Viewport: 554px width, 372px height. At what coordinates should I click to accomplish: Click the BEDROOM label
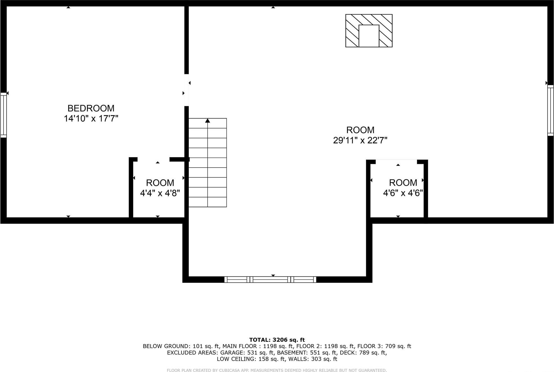pyautogui.click(x=91, y=108)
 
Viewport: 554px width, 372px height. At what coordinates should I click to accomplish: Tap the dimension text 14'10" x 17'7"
pyautogui.click(x=91, y=119)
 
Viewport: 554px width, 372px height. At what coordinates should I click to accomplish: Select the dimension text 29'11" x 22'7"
pyautogui.click(x=360, y=140)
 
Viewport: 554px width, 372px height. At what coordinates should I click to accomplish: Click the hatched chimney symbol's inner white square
pyautogui.click(x=369, y=36)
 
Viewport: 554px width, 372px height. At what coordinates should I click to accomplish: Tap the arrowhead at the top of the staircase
pyautogui.click(x=208, y=121)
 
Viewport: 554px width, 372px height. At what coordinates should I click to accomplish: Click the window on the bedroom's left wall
pyautogui.click(x=3, y=115)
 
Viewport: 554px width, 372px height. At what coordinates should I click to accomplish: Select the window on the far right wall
pyautogui.click(x=550, y=110)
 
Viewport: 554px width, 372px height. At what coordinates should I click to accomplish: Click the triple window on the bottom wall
pyautogui.click(x=270, y=280)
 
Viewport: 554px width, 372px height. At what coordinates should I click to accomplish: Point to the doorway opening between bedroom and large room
pyautogui.click(x=186, y=90)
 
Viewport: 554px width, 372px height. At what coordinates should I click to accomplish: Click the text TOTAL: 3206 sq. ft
pyautogui.click(x=277, y=340)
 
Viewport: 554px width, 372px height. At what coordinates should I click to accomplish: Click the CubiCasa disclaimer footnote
pyautogui.click(x=277, y=370)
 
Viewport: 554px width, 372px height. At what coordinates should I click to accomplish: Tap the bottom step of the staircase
pyautogui.click(x=208, y=202)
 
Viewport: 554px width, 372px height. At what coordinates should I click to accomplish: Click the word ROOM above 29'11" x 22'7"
pyautogui.click(x=360, y=130)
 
